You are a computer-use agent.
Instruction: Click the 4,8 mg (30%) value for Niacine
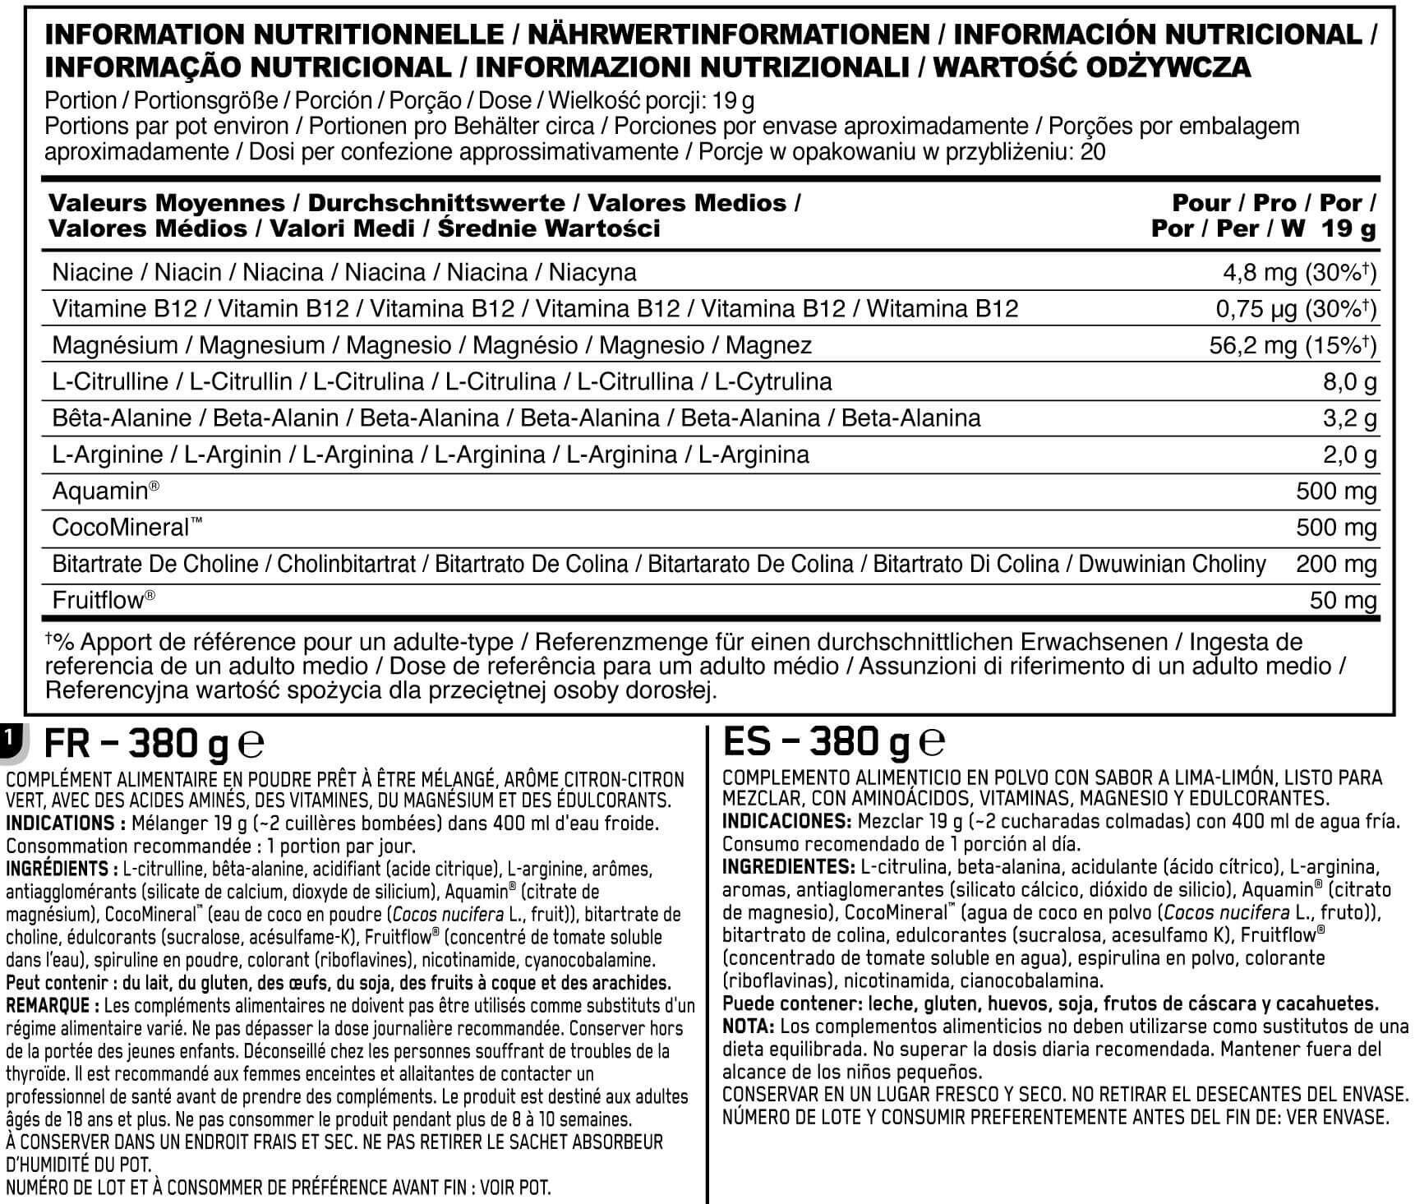1299,273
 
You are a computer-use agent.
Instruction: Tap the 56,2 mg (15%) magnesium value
1292,345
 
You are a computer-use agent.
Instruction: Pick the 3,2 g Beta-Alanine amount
1349,418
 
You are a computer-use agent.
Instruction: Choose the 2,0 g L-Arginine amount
1349,454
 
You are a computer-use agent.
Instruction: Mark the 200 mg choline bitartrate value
1336,564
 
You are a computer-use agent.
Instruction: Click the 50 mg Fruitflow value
1343,601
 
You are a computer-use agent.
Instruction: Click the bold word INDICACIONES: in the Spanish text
786,821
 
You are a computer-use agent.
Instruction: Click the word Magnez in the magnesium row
769,345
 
